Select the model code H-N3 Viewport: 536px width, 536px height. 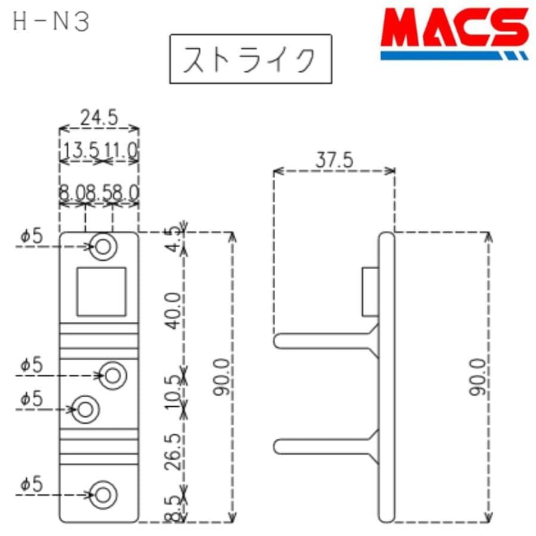[x=51, y=22]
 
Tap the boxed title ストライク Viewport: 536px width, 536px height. [x=250, y=60]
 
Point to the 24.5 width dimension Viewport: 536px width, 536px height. [x=99, y=118]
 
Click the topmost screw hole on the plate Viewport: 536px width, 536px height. [x=103, y=246]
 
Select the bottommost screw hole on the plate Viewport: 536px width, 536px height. [x=103, y=495]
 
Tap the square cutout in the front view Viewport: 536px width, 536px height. [x=101, y=291]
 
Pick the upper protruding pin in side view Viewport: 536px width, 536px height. [x=325, y=341]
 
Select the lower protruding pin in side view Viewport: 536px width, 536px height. [x=325, y=445]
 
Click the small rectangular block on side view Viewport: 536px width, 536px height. [x=370, y=291]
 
